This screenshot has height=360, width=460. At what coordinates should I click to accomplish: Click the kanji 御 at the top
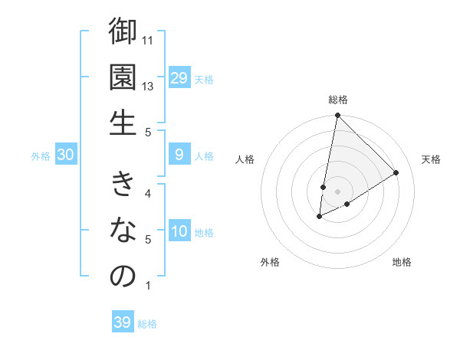click(123, 32)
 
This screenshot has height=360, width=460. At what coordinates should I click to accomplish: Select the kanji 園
click(123, 77)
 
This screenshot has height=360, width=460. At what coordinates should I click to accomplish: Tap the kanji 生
click(123, 122)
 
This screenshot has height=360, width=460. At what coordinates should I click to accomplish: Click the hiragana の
click(123, 276)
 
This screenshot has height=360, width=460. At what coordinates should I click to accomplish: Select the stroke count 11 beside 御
click(149, 40)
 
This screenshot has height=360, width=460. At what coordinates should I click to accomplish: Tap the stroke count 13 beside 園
click(149, 86)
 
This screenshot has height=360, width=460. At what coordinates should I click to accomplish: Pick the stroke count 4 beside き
click(148, 193)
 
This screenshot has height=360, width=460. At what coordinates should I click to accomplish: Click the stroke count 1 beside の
click(148, 286)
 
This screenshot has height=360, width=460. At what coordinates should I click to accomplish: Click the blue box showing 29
click(179, 78)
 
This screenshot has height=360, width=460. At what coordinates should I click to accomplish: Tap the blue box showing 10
click(179, 232)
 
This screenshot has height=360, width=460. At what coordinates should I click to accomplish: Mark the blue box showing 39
click(122, 322)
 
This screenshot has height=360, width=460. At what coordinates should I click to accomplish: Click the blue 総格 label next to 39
click(147, 324)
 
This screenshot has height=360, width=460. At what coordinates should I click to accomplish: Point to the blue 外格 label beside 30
click(41, 156)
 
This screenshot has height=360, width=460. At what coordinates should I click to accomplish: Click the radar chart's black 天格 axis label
click(431, 159)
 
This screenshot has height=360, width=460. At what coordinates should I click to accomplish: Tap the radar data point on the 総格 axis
click(337, 116)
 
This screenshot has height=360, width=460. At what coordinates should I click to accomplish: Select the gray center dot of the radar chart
click(337, 191)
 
